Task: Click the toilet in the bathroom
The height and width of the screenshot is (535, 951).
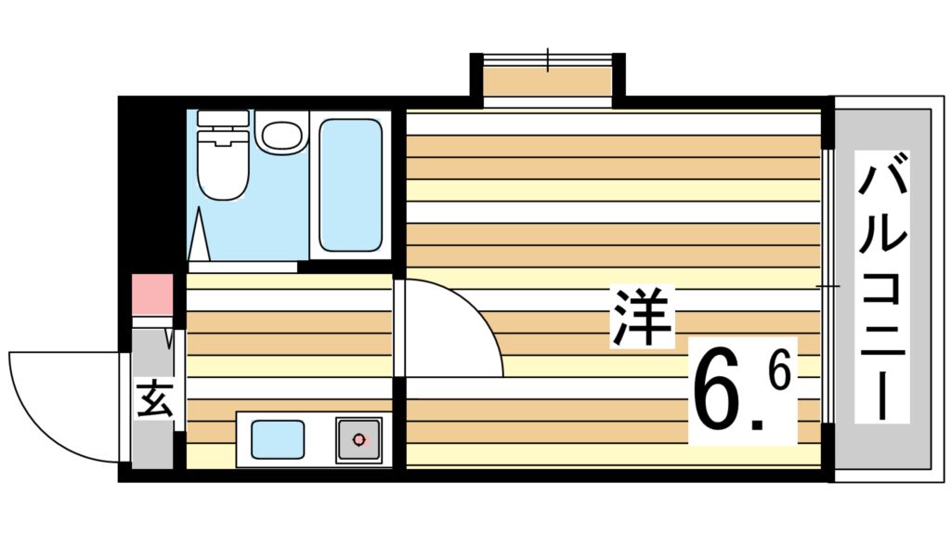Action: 223,155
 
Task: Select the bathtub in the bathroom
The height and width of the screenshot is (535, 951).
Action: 350,185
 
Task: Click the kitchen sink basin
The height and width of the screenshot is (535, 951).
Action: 277,439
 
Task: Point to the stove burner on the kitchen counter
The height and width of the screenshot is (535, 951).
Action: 359,439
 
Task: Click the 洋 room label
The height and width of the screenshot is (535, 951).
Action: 642,318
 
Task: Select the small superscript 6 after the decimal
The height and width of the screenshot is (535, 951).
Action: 779,371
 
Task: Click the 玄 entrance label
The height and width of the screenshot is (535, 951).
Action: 156,398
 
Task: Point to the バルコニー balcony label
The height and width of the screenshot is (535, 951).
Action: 882,287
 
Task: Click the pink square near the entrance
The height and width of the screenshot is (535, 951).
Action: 152,294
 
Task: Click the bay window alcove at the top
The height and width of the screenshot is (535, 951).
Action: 547,80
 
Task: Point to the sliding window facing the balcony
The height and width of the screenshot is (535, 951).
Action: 827,286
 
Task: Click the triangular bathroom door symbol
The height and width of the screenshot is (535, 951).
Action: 199,235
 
